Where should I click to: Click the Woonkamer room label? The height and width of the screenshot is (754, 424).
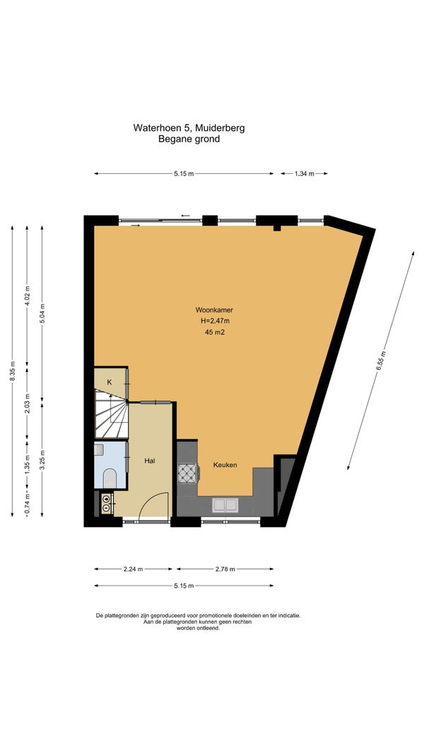214,311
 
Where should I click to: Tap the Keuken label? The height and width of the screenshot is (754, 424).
225,465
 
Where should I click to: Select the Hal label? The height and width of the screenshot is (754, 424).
150,460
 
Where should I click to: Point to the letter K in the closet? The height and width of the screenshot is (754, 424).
110,382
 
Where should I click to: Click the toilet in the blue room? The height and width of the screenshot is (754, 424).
110,477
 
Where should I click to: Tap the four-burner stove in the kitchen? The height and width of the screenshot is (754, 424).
187,473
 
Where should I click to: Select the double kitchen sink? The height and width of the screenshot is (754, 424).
225,505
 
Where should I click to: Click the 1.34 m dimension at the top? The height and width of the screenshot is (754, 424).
304,173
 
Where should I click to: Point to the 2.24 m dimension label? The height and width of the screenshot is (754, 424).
133,569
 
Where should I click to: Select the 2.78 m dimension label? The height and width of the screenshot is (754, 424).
225,569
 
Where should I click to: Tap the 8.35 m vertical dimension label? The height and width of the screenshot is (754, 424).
13,372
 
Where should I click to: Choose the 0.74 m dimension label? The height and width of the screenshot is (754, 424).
28,504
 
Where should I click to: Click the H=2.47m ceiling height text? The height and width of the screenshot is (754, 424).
215,321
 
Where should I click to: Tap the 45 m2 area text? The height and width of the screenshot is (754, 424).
215,332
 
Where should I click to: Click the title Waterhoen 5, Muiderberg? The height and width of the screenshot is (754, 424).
189,128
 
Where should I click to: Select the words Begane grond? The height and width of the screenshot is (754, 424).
189,139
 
